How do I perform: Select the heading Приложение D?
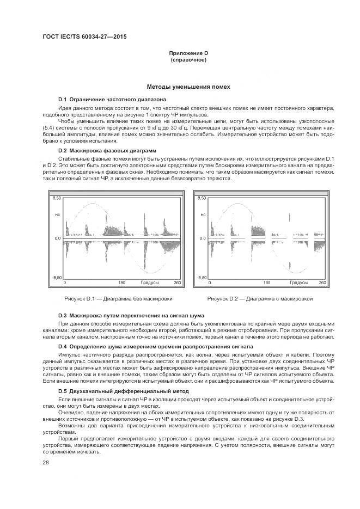(188, 53)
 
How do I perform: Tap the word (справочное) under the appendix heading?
(188, 59)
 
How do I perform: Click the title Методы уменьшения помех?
(188, 87)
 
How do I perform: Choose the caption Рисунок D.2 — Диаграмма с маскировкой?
(260, 299)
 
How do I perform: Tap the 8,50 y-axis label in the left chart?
(56, 199)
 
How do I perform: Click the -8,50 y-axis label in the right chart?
(201, 278)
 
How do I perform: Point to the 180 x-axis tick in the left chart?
(122, 283)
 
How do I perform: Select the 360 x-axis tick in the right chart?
(322, 283)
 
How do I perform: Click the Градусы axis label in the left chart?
(150, 283)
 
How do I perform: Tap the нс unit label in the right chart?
(203, 215)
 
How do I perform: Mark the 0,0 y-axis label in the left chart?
(57, 238)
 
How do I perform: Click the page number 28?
(45, 462)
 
